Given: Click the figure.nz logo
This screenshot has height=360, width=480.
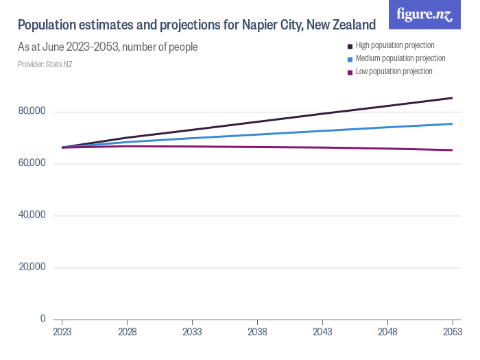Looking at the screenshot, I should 424,14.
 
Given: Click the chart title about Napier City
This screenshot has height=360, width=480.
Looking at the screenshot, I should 196,25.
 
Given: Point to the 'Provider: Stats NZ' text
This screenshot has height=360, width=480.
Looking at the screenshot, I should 45,64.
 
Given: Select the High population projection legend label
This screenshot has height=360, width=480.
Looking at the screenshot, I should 395,45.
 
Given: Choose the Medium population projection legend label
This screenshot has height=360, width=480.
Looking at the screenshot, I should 400,58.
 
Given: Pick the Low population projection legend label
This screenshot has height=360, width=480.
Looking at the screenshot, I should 394,71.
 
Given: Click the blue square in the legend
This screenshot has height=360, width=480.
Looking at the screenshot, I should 350,59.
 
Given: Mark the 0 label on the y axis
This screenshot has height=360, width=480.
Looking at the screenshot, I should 42,319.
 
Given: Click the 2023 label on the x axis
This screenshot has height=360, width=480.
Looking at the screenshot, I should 62,331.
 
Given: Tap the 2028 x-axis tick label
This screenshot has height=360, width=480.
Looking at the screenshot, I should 127,331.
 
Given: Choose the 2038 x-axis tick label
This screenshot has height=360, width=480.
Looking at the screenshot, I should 257,331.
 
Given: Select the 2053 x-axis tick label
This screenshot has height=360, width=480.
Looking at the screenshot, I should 453,331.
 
